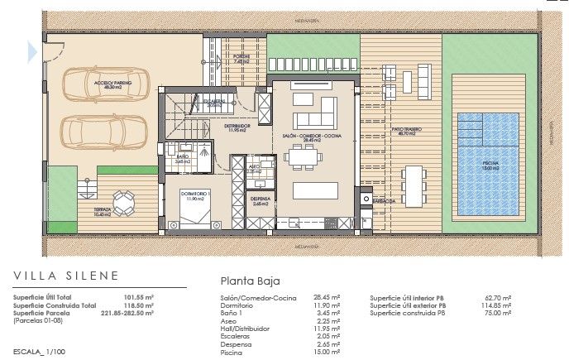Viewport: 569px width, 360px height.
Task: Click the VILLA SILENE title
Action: [66, 276]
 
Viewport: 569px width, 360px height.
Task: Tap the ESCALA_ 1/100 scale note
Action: [41, 352]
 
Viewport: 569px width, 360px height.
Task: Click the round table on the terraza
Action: [123, 199]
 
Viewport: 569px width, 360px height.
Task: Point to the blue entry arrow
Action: [31, 52]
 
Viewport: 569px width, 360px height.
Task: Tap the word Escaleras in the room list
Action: [235, 336]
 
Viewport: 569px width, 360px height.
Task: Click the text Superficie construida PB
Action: [408, 313]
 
